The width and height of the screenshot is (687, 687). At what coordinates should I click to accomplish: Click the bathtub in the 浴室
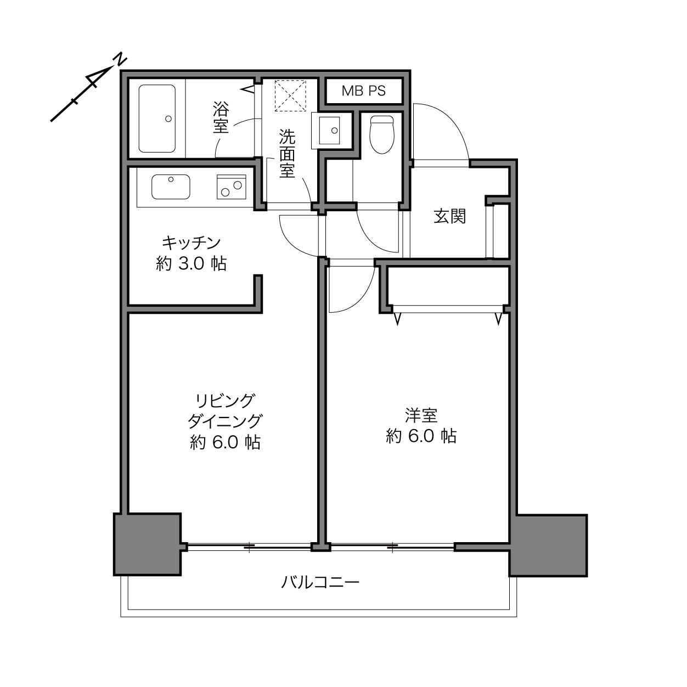pyautogui.click(x=157, y=119)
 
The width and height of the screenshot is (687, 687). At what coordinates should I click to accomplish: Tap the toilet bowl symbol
pyautogui.click(x=382, y=134)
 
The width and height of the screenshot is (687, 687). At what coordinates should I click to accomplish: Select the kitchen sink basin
pyautogui.click(x=171, y=187)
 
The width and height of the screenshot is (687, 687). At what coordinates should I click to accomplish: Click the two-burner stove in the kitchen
pyautogui.click(x=232, y=187)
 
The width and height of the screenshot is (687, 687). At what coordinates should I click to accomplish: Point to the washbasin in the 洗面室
pyautogui.click(x=329, y=130)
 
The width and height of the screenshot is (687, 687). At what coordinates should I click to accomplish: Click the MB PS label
pyautogui.click(x=364, y=91)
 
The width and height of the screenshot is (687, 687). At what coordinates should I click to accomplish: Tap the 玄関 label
pyautogui.click(x=450, y=216)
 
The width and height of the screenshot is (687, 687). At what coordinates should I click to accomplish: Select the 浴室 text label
pyautogui.click(x=221, y=117)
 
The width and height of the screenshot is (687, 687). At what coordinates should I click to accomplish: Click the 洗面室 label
pyautogui.click(x=287, y=153)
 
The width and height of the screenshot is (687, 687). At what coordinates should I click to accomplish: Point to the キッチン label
pyautogui.click(x=192, y=243)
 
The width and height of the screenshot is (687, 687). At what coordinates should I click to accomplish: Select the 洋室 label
pyautogui.click(x=421, y=415)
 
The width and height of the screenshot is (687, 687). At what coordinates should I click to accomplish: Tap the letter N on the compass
pyautogui.click(x=120, y=60)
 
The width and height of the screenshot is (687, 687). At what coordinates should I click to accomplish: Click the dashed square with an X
pyautogui.click(x=290, y=95)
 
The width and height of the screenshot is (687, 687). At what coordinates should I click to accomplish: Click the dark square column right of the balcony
pyautogui.click(x=548, y=545)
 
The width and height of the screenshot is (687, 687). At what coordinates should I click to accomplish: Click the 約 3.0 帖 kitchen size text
pyautogui.click(x=192, y=264)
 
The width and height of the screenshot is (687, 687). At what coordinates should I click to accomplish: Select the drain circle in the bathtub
pyautogui.click(x=168, y=119)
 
